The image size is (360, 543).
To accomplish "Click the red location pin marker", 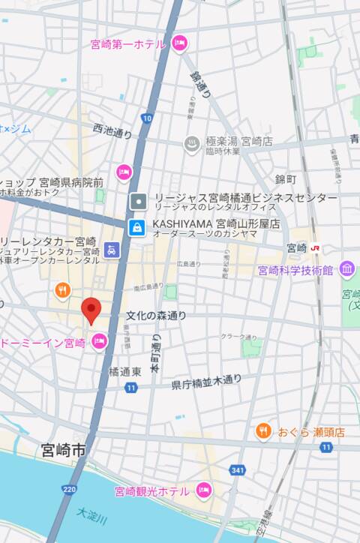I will pyautogui.click(x=91, y=310).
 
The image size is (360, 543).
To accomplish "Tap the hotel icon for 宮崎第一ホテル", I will pyautogui.click(x=178, y=43).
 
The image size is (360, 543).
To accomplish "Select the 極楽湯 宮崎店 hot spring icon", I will pyautogui.click(x=192, y=142).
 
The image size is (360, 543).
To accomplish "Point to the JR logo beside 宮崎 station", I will pyautogui.click(x=317, y=247).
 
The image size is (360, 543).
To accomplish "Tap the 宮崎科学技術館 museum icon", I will pyautogui.click(x=346, y=269).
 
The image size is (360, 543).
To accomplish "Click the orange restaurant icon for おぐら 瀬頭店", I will pyautogui.click(x=262, y=430).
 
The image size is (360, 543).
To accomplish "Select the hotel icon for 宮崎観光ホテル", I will pyautogui.click(x=202, y=490).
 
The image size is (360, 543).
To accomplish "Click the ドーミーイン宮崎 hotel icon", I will pyautogui.click(x=98, y=342).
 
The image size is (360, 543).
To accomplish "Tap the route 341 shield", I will pyautogui.click(x=238, y=470).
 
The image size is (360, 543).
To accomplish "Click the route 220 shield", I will pyautogui.click(x=70, y=490).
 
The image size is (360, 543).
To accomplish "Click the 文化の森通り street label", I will pyautogui.click(x=156, y=316).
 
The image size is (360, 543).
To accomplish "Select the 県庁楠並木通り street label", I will pyautogui.click(x=206, y=383).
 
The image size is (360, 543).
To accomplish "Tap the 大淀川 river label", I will pyautogui.click(x=92, y=515).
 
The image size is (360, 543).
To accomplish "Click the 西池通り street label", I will pyautogui.click(x=112, y=132).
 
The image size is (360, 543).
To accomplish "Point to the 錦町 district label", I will pyautogui.click(x=286, y=179).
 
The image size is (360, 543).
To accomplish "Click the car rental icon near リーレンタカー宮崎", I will pyautogui.click(x=112, y=250).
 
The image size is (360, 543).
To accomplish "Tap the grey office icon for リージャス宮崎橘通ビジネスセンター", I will pyautogui.click(x=138, y=201).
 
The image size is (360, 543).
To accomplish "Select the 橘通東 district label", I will pyautogui.click(x=124, y=371).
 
